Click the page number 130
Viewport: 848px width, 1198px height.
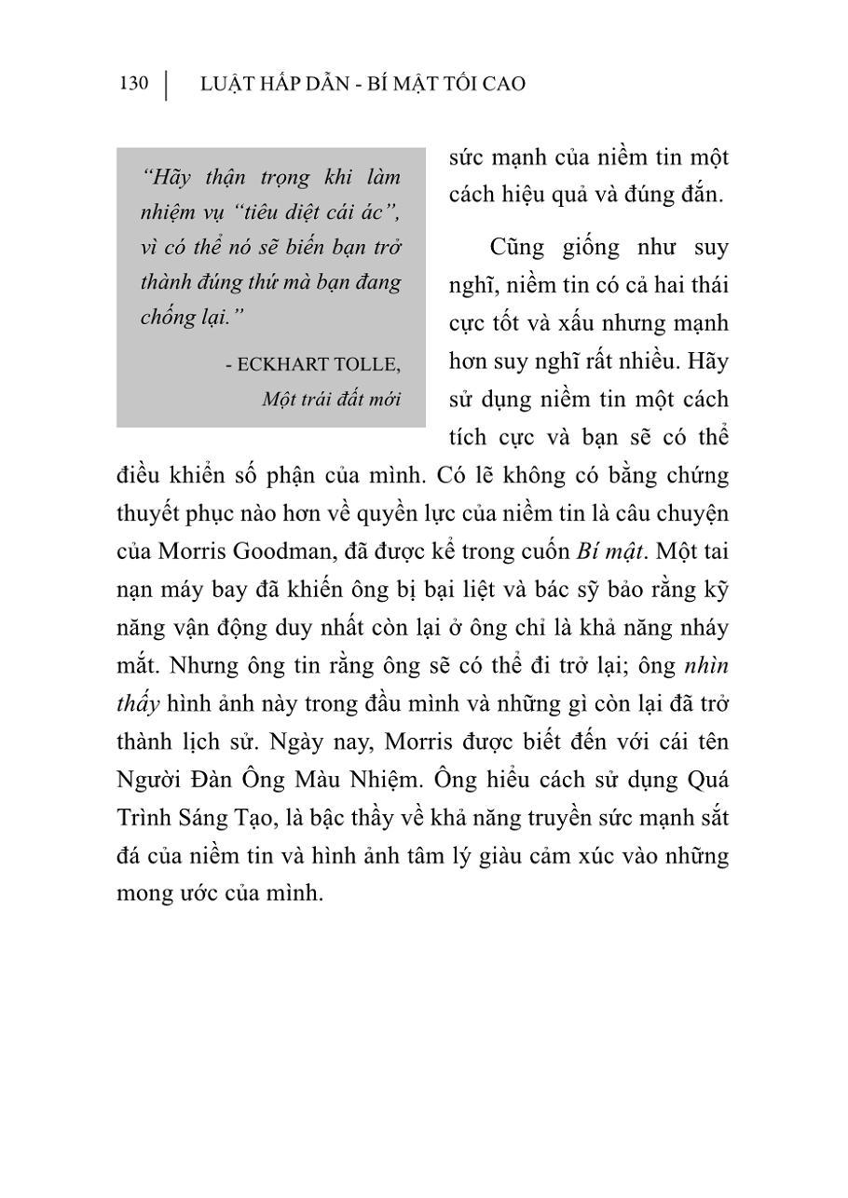(x=134, y=84)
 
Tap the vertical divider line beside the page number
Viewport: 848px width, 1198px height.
(x=166, y=85)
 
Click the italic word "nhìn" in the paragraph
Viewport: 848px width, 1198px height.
(x=705, y=665)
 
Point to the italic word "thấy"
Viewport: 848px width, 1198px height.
(x=138, y=703)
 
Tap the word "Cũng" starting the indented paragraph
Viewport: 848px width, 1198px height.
(x=515, y=248)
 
